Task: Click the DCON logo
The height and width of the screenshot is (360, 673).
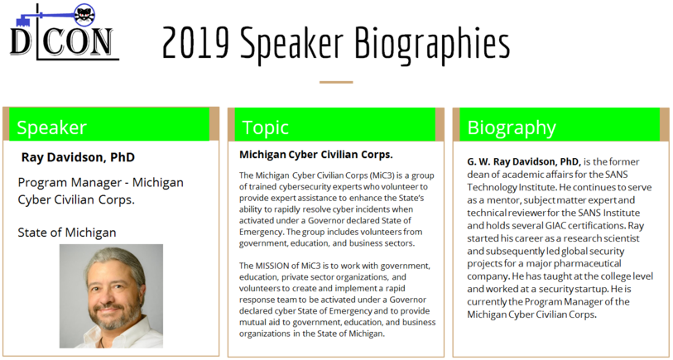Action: (x=65, y=31)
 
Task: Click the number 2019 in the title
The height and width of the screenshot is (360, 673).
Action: (x=195, y=43)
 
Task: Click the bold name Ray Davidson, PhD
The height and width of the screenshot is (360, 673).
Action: (x=78, y=157)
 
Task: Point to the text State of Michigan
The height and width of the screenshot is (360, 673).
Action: (x=67, y=233)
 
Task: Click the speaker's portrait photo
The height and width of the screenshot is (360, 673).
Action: (x=111, y=296)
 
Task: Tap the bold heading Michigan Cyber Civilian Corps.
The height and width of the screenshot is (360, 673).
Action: (x=316, y=155)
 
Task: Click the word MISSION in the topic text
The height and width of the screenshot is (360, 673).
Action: (x=275, y=266)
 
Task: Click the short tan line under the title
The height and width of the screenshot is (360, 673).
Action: (x=336, y=82)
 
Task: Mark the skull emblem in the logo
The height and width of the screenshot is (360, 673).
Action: (x=84, y=14)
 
